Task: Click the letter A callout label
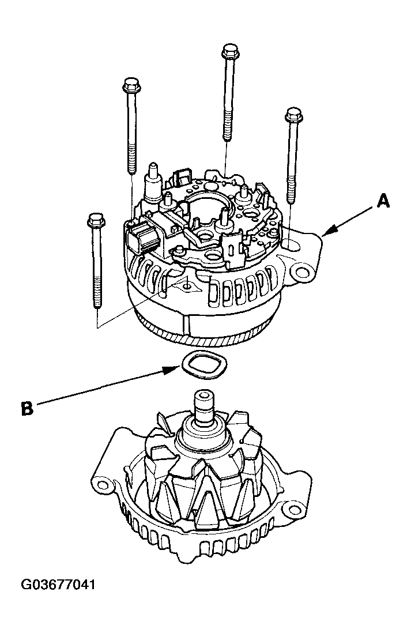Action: (383, 200)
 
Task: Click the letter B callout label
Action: (27, 409)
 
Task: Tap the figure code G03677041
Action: (58, 585)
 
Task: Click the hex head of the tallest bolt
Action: (231, 51)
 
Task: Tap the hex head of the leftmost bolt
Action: (96, 221)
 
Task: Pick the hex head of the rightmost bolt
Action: (293, 115)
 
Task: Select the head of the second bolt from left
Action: (131, 85)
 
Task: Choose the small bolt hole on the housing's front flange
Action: (186, 286)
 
